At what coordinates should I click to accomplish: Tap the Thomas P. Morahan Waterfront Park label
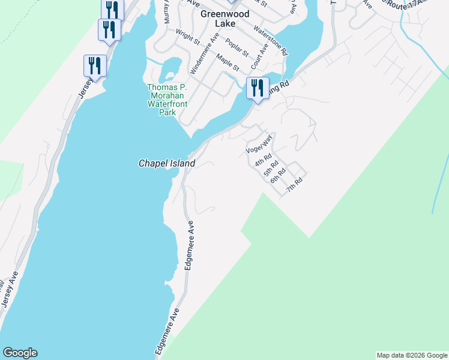coord(167,95)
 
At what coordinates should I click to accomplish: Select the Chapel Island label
coord(167,163)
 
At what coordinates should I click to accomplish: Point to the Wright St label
coord(187,37)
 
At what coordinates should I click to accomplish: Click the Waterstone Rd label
coord(271,41)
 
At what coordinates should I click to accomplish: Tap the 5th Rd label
coord(271,169)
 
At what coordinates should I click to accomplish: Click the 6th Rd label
coord(277,175)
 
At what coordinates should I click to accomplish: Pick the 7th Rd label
coord(294,184)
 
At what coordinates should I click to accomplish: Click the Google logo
coord(20,353)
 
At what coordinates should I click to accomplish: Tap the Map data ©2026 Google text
coord(412,355)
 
